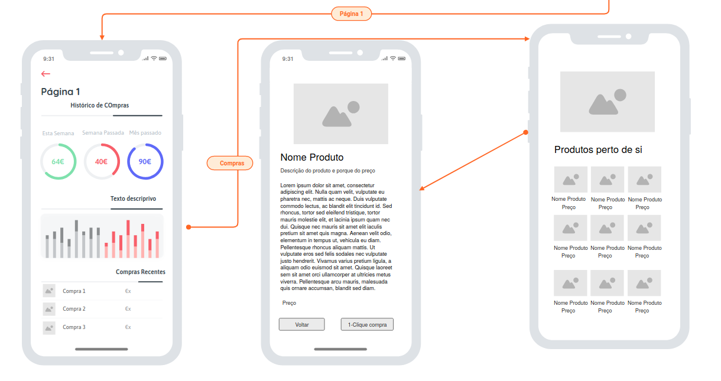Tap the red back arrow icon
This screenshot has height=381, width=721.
46,74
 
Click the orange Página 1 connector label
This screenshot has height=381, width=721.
351,14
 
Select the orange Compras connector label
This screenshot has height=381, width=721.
230,163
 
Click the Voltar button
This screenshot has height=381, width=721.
301,324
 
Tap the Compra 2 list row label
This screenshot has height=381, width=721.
74,309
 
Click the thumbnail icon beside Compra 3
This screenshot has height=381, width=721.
49,328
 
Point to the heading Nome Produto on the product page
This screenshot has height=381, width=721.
312,157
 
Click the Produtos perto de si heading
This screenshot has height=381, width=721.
598,149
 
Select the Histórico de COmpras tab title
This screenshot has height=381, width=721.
100,105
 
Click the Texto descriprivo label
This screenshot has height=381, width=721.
133,198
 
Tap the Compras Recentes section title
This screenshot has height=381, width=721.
141,272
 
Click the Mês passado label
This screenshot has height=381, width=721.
145,132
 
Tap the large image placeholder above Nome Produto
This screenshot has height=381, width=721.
341,113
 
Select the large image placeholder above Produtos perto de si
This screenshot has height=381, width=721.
608,102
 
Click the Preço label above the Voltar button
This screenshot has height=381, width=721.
289,303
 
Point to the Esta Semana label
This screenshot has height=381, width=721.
59,133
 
